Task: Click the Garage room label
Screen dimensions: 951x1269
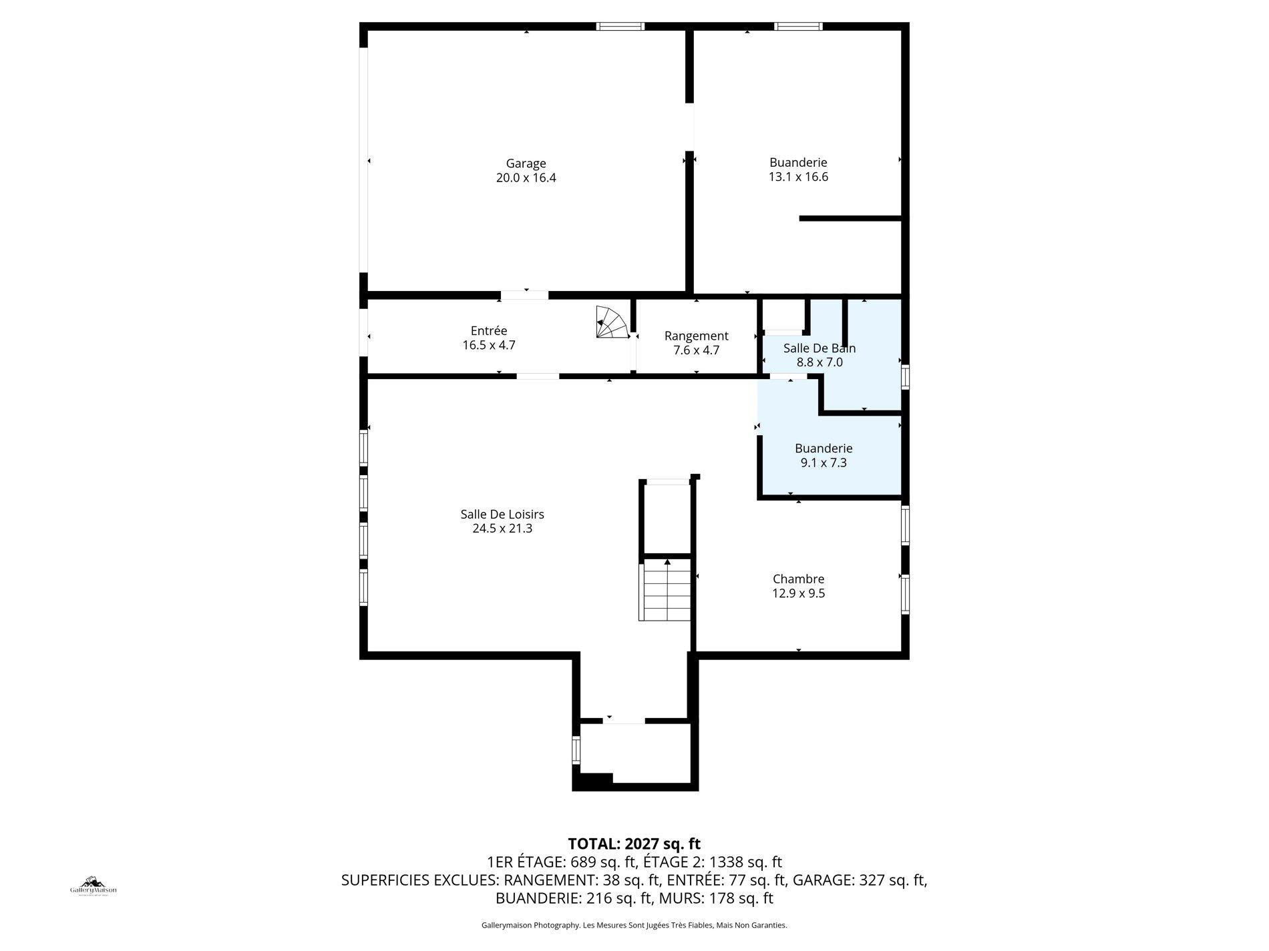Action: (x=526, y=164)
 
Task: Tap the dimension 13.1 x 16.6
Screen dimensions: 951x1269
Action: (x=798, y=177)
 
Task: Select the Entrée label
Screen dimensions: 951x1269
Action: (x=489, y=331)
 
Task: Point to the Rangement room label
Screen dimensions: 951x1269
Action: (x=696, y=336)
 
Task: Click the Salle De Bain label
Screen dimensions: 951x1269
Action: (x=819, y=348)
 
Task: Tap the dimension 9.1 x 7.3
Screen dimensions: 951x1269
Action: (x=824, y=462)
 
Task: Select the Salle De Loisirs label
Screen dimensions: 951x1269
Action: (x=502, y=515)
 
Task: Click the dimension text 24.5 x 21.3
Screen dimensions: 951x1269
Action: (x=502, y=529)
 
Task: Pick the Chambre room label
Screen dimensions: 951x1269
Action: (x=798, y=579)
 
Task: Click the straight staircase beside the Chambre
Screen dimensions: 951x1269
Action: (x=665, y=591)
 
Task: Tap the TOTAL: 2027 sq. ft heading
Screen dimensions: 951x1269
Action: (x=634, y=844)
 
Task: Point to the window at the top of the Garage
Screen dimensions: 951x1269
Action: (x=620, y=27)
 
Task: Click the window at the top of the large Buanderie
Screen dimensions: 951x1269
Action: (x=798, y=27)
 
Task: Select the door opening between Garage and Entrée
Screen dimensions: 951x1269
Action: (x=525, y=295)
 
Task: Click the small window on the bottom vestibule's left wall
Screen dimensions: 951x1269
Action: (x=576, y=749)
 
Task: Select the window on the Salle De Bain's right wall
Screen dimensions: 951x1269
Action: (x=905, y=376)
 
